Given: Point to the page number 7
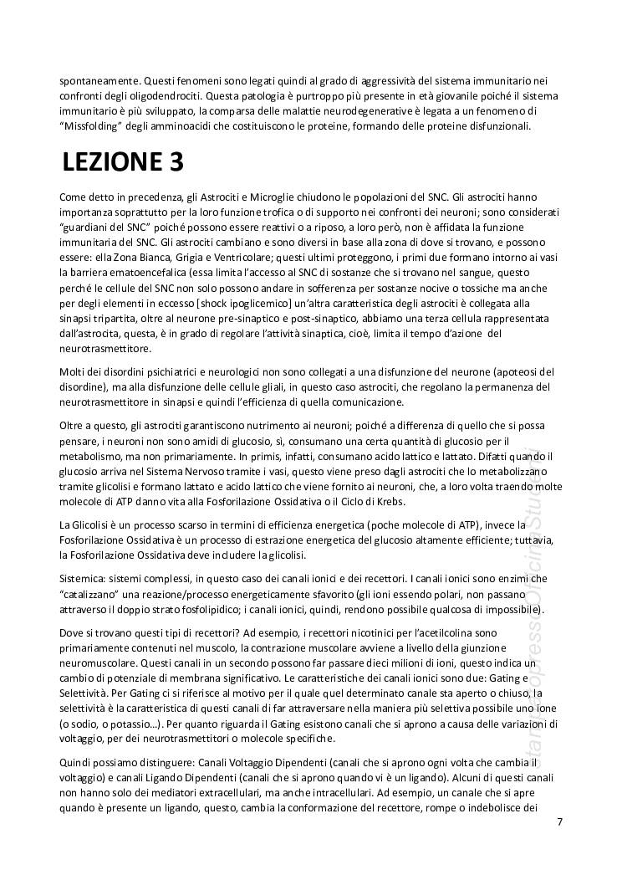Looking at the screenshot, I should [x=559, y=821].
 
